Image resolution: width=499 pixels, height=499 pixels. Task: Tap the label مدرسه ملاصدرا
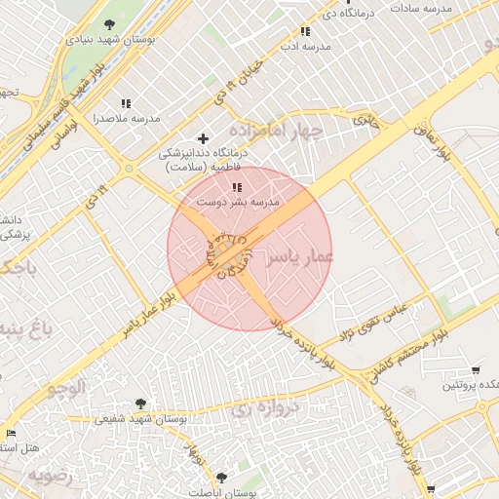[126, 118]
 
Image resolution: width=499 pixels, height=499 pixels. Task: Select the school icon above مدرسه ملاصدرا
[126, 102]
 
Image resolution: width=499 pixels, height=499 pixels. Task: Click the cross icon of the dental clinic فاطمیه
[203, 137]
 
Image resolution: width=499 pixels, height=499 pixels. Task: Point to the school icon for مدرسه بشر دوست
[236, 186]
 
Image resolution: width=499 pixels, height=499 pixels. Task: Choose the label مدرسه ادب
[301, 46]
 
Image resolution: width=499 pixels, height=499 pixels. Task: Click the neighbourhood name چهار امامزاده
[275, 130]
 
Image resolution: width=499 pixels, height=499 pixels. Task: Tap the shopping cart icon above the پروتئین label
[476, 369]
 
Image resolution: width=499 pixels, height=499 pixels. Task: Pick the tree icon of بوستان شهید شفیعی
[140, 403]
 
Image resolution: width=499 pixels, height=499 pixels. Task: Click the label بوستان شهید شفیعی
[140, 420]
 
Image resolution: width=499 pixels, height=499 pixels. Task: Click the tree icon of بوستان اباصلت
[223, 478]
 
